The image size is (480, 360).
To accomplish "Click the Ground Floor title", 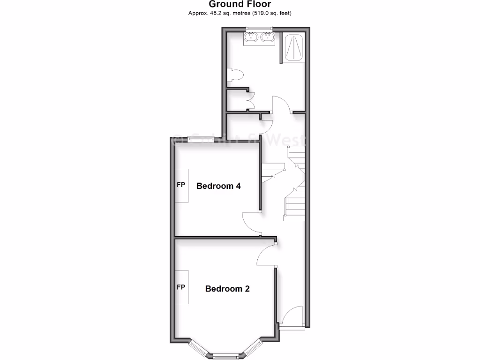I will point(240,4).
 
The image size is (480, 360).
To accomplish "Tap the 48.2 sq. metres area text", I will point(220,13).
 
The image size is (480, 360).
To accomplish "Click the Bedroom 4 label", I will point(218,186).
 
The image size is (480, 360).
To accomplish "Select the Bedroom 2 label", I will point(227,289).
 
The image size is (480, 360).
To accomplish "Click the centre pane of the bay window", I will point(226,355).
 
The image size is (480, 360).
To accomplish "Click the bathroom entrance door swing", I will point(282,104).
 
